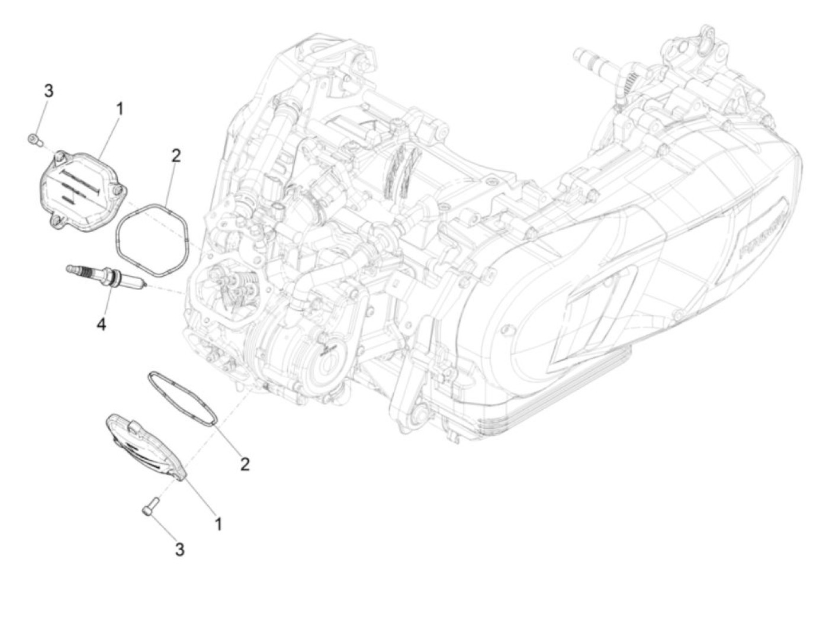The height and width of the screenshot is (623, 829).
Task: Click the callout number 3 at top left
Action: [x=49, y=91]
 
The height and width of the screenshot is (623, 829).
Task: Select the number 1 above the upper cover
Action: [x=120, y=109]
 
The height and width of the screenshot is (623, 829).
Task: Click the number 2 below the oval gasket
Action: [x=245, y=464]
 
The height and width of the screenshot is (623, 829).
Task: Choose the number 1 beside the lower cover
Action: [x=219, y=524]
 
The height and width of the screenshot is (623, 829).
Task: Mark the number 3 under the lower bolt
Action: [x=179, y=549]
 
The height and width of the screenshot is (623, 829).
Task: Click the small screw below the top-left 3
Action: [x=34, y=140]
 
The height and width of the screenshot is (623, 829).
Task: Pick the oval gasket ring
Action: [x=182, y=397]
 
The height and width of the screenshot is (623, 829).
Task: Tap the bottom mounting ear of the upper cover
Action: [x=57, y=221]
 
